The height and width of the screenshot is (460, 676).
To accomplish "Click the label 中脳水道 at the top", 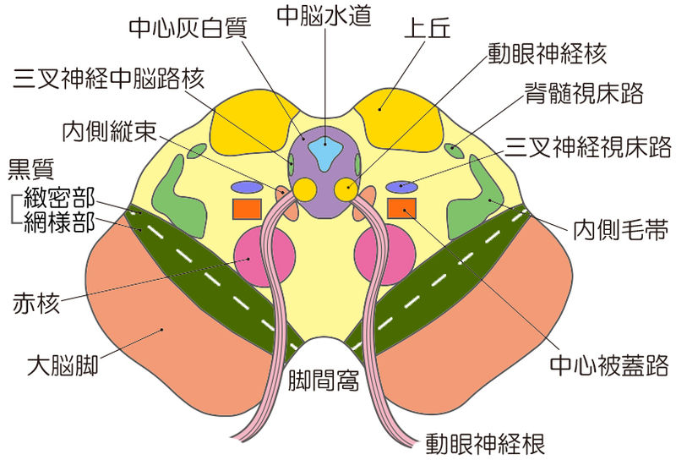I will pyautogui.click(x=324, y=15).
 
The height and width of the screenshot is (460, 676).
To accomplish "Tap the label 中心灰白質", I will pyautogui.click(x=187, y=29).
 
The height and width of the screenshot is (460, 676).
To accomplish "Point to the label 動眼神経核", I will pyautogui.click(x=547, y=56).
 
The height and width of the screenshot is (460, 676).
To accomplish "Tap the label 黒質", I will pyautogui.click(x=30, y=168).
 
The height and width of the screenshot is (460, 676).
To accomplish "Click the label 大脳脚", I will pyautogui.click(x=63, y=366).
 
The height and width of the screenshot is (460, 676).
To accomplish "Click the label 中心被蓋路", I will pyautogui.click(x=609, y=365).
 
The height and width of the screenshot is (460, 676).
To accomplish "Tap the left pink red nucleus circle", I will pyautogui.click(x=265, y=255).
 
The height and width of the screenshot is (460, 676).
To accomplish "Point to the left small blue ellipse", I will pyautogui.click(x=248, y=187).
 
